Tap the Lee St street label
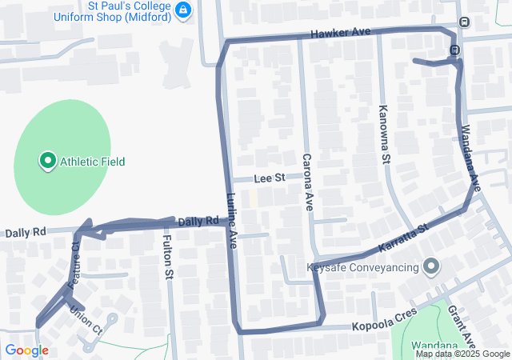click(270, 177)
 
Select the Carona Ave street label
click(306, 181)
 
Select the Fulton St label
click(168, 257)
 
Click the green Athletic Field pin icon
click(47, 162)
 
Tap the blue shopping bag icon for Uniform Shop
click(185, 10)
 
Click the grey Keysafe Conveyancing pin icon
click(432, 266)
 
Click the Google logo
click(26, 350)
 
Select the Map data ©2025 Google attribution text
click(462, 354)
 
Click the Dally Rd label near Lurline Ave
click(198, 221)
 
